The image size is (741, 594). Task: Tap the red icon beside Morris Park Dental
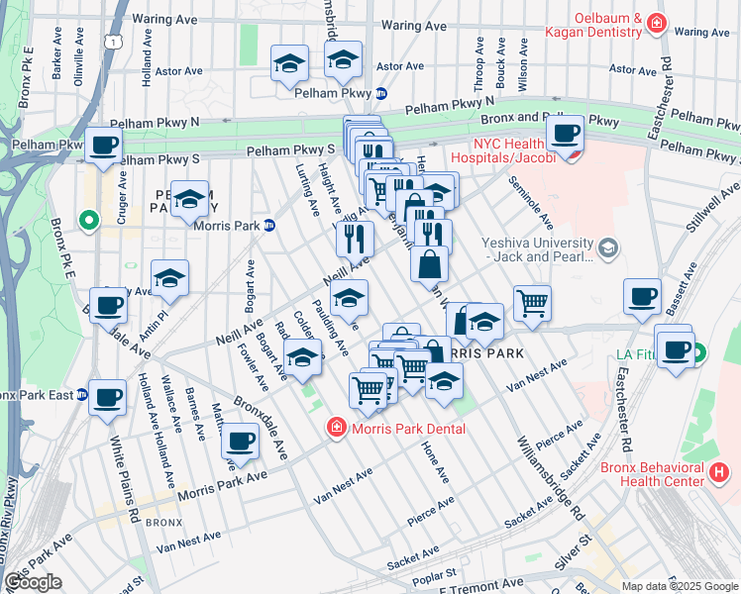337,428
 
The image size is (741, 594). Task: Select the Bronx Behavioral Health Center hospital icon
720,473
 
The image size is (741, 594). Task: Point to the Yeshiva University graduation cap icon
607,247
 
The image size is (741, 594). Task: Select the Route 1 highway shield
118,44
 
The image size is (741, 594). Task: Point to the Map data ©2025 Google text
680,586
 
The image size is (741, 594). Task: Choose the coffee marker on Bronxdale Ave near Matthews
239,441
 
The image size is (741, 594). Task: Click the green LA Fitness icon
700,351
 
